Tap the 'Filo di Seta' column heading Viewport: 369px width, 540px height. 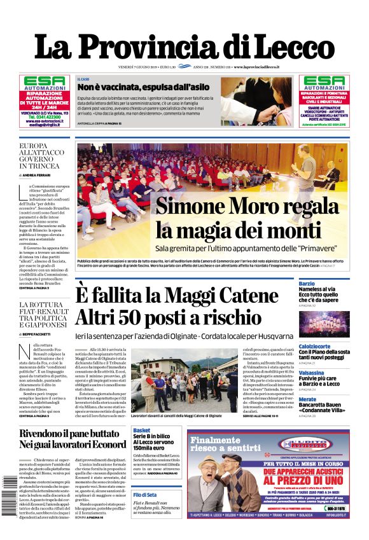coord(145,494)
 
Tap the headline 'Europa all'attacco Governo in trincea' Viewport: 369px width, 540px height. coord(39,155)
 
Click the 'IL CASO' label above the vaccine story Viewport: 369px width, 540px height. coord(83,78)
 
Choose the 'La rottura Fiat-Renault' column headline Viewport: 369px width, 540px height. coord(42,314)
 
